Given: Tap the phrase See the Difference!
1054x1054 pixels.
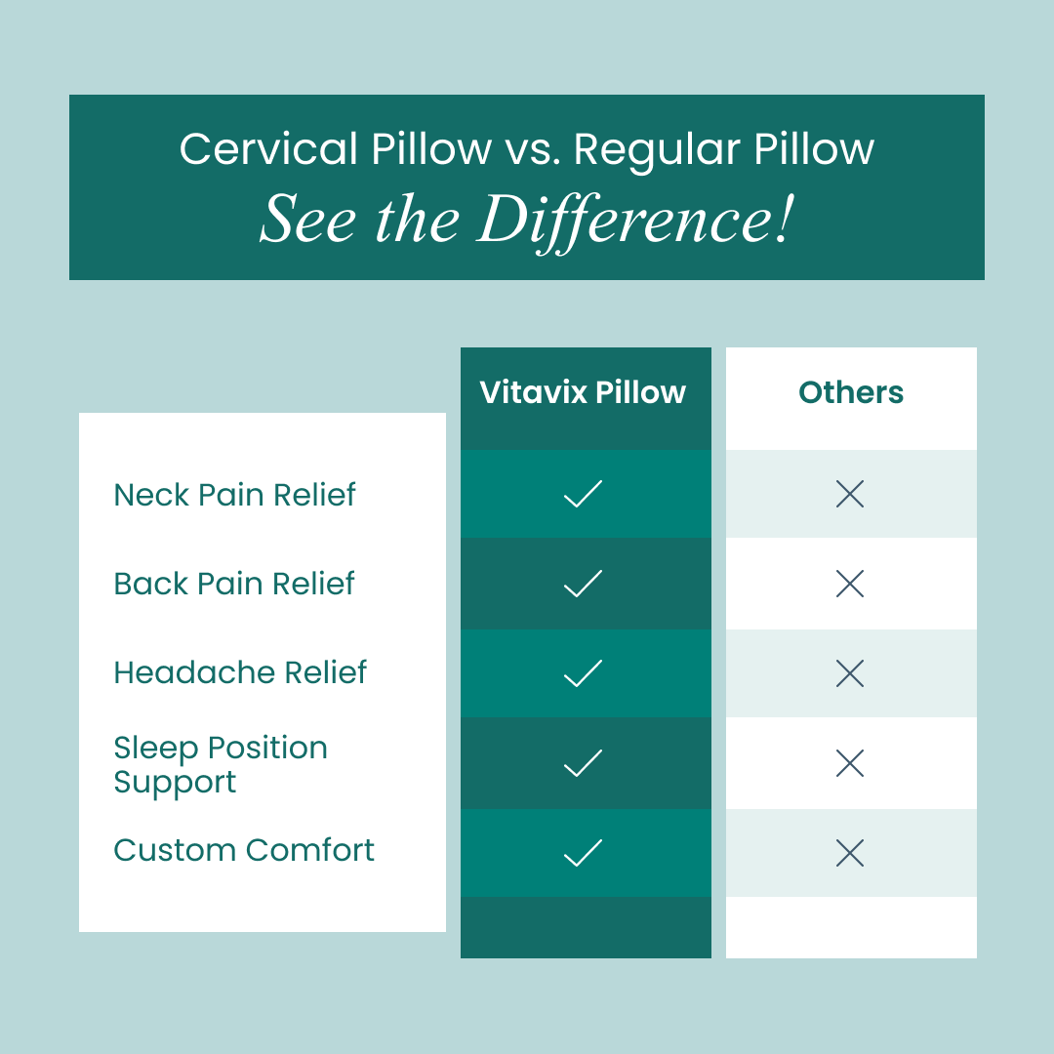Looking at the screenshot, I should coord(526,220).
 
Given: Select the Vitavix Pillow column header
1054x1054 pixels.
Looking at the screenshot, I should coord(584,392).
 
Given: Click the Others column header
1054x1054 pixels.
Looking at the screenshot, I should coord(851,392).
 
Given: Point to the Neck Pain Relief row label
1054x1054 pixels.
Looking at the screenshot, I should coord(235,495).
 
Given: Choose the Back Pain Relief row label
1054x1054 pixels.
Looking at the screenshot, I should coord(234,584).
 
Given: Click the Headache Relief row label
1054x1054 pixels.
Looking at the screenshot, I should coord(240,672).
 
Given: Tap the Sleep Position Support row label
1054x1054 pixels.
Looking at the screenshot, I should coord(221,764).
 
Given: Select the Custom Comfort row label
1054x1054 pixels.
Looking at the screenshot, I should coord(244,850).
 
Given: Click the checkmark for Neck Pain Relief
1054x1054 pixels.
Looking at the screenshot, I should coord(583,494).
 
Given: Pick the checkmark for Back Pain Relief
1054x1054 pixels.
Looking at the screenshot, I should coord(583,584).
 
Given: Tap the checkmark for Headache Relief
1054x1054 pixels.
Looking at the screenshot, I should coord(583,673).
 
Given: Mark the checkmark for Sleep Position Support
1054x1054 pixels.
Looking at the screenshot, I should coord(583,763).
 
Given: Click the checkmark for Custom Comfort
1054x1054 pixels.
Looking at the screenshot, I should coord(583,854).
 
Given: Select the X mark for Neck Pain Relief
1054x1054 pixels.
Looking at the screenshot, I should coord(850,495).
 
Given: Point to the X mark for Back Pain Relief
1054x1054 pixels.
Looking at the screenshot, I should coord(850,585).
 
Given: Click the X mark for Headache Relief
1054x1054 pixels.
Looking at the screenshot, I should coord(850,673).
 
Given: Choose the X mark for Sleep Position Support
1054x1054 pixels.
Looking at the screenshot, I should coord(850,763).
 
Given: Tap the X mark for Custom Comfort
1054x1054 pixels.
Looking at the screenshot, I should coord(850,854).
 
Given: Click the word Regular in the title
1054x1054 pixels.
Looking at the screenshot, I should coord(645,150).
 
